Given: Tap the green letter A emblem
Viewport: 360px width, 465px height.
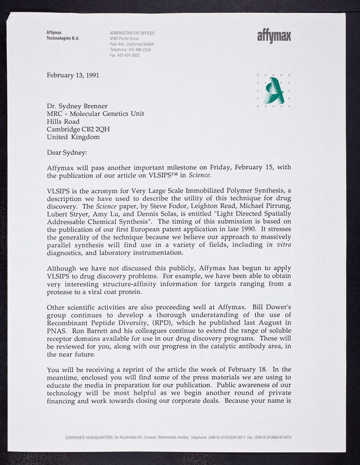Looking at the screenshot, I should tap(273, 91).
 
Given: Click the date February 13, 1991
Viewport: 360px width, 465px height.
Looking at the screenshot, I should tap(73, 75).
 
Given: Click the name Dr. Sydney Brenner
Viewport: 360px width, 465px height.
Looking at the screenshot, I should tap(77, 106).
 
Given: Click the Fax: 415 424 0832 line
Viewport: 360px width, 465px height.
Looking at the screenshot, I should tap(125, 55).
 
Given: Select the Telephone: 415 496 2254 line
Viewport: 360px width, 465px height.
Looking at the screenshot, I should tap(131, 49).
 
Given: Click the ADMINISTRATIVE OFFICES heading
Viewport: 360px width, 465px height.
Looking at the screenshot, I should tap(132, 33).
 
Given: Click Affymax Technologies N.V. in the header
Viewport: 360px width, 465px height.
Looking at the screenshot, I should tap(63, 35).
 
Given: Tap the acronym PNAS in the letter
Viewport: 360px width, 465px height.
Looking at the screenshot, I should tap(57, 331).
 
